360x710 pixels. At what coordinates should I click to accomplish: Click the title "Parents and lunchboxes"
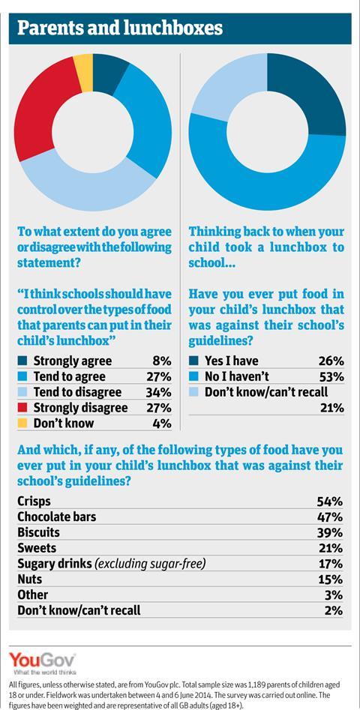click(120, 28)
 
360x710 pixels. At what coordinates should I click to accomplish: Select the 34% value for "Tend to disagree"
click(160, 391)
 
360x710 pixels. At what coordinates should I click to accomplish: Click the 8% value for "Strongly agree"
click(163, 361)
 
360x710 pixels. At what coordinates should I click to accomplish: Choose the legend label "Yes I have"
click(232, 361)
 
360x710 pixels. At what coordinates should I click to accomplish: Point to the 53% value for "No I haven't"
click(333, 376)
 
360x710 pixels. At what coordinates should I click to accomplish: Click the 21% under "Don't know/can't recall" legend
click(333, 408)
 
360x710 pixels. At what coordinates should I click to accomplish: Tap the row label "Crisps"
click(34, 502)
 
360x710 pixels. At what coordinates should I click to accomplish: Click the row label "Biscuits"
click(38, 532)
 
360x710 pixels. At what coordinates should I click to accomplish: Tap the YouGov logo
click(43, 663)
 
